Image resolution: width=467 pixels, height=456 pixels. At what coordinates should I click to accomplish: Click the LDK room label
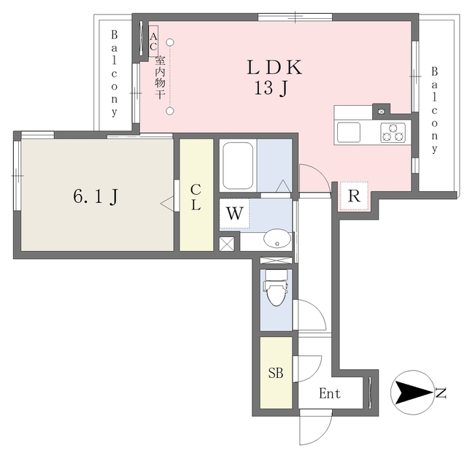pos(274,68)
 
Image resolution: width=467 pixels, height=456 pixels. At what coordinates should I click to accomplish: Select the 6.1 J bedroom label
pos(96,196)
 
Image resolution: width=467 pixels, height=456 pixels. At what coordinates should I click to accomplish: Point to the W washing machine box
pos(234,214)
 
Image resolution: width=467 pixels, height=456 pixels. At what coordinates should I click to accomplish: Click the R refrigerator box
pos(354,196)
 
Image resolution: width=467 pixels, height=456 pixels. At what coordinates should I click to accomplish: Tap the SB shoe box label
pos(275,374)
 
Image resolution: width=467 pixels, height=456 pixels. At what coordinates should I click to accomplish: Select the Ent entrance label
pos(330,394)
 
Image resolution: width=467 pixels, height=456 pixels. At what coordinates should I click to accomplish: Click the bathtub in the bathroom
pos(237,166)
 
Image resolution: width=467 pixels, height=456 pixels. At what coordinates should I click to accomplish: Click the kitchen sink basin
pos(349,133)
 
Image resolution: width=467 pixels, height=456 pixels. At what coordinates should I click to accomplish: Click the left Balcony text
pos(115,74)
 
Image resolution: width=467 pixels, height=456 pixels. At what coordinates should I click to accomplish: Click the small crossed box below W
pos(228,244)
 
